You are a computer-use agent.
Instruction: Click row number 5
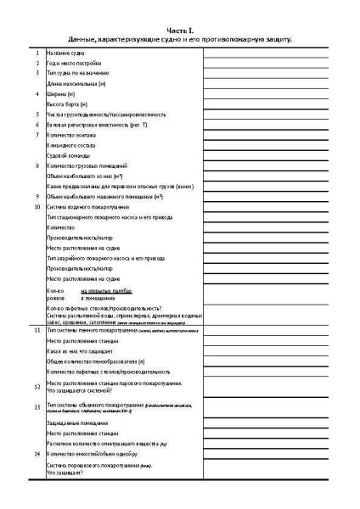point(37,114)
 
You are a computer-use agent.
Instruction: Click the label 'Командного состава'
point(75,145)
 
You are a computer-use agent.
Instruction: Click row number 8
point(37,165)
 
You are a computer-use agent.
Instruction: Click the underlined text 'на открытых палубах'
point(105,290)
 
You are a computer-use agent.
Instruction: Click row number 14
point(37,454)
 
